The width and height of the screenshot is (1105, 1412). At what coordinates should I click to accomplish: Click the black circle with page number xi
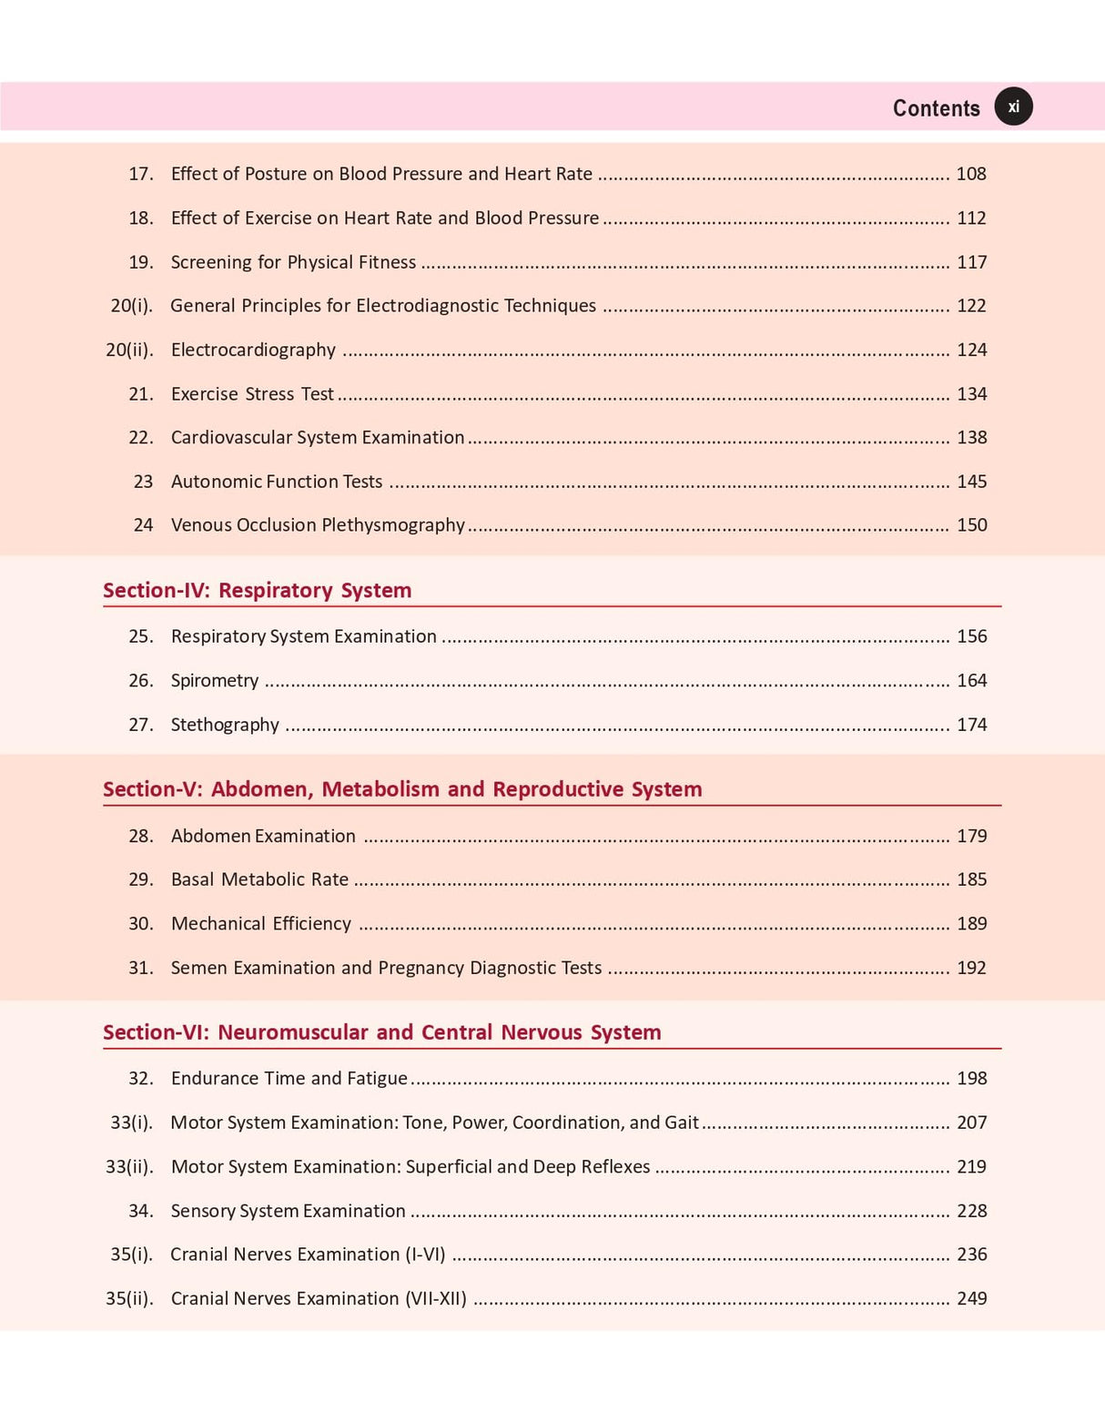point(1013,107)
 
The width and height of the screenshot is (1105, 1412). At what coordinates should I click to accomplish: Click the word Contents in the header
point(936,108)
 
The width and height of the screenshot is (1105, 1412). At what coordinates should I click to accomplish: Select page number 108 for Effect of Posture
point(971,174)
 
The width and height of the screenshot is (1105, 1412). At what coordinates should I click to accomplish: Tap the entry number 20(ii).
point(129,350)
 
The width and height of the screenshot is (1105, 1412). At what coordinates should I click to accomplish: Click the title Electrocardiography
point(253,350)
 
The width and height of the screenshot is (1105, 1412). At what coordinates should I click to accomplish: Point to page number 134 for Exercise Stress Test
point(971,394)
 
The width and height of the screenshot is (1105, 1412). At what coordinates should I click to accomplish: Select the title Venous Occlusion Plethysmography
point(318,525)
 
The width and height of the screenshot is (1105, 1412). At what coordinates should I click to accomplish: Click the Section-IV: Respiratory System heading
point(257,590)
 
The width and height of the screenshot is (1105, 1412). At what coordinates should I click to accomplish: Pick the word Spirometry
point(215,681)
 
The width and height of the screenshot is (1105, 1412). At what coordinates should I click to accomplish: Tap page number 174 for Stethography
point(971,725)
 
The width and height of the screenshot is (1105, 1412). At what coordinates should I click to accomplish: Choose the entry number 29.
point(140,879)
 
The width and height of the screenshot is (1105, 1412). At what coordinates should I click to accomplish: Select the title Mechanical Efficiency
point(260,924)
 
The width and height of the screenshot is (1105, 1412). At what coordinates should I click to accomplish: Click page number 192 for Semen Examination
point(971,968)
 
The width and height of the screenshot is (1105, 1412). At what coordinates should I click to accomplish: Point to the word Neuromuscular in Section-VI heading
point(293,1032)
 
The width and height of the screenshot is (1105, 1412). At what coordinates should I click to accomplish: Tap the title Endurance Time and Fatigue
point(289,1079)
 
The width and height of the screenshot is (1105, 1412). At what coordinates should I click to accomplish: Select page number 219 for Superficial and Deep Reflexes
point(971,1167)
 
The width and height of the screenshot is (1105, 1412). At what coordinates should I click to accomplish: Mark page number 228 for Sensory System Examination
point(971,1211)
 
